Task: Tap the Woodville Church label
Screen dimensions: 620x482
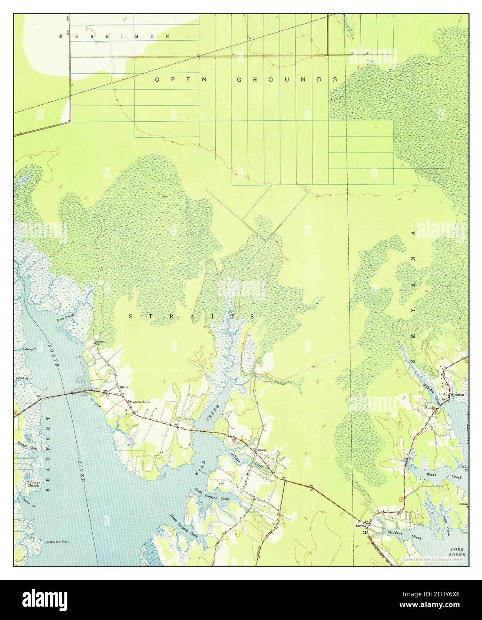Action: (x=140, y=402)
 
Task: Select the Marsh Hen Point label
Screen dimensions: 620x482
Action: (x=58, y=542)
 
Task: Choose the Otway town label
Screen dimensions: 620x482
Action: (x=262, y=450)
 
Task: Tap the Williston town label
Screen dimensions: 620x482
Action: (x=457, y=395)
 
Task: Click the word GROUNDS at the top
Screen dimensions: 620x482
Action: (x=286, y=79)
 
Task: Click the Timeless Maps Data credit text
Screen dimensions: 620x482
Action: (x=432, y=559)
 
